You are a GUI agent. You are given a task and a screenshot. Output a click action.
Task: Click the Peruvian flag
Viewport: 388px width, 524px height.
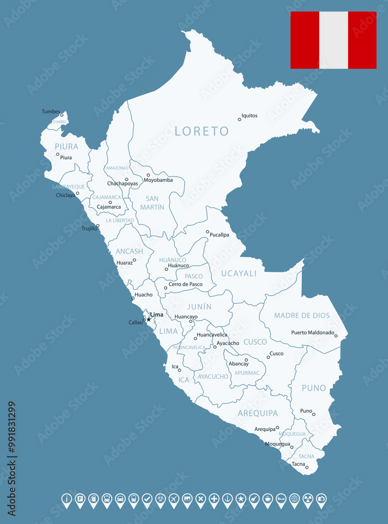click(x=333, y=40)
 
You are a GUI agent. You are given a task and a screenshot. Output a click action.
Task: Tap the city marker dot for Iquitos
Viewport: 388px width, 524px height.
click(x=240, y=119)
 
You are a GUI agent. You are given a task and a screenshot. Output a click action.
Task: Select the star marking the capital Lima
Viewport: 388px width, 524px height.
click(x=148, y=319)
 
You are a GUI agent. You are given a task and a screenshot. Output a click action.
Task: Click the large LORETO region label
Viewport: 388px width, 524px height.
click(x=202, y=131)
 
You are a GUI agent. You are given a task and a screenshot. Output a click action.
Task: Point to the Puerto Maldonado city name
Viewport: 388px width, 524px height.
click(x=312, y=333)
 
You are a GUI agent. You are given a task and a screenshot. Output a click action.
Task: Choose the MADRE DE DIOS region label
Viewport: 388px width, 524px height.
click(x=302, y=315)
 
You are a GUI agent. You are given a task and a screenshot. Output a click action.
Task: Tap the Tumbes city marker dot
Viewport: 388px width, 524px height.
click(x=61, y=115)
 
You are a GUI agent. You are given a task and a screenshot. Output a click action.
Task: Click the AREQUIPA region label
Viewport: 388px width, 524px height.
click(x=257, y=413)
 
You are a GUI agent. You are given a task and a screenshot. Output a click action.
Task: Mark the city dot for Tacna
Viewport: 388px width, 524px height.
click(x=307, y=467)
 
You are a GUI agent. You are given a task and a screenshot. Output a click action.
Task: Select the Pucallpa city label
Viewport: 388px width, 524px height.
click(x=220, y=235)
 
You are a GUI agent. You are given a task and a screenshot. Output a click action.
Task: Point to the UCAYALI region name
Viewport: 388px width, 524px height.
click(x=239, y=273)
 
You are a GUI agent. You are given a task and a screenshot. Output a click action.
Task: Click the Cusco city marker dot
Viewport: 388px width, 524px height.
click(x=268, y=357)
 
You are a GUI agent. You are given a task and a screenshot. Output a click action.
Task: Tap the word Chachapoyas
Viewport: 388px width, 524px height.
click(x=123, y=184)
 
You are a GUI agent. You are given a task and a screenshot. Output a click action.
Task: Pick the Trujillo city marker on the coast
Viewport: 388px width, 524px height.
click(x=98, y=226)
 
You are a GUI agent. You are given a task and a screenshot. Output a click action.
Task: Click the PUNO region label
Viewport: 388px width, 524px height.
click(x=314, y=388)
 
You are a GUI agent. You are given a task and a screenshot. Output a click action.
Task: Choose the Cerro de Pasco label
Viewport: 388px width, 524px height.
click(x=186, y=285)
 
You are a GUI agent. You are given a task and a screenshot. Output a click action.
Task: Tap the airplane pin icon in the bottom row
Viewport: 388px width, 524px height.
click(x=174, y=499)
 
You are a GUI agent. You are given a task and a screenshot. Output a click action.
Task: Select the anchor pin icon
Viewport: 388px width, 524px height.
click(x=228, y=499)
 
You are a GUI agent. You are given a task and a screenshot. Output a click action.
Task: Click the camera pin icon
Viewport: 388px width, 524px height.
click(x=321, y=499)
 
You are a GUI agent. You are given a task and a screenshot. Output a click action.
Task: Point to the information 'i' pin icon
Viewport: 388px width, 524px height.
click(x=67, y=499)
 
